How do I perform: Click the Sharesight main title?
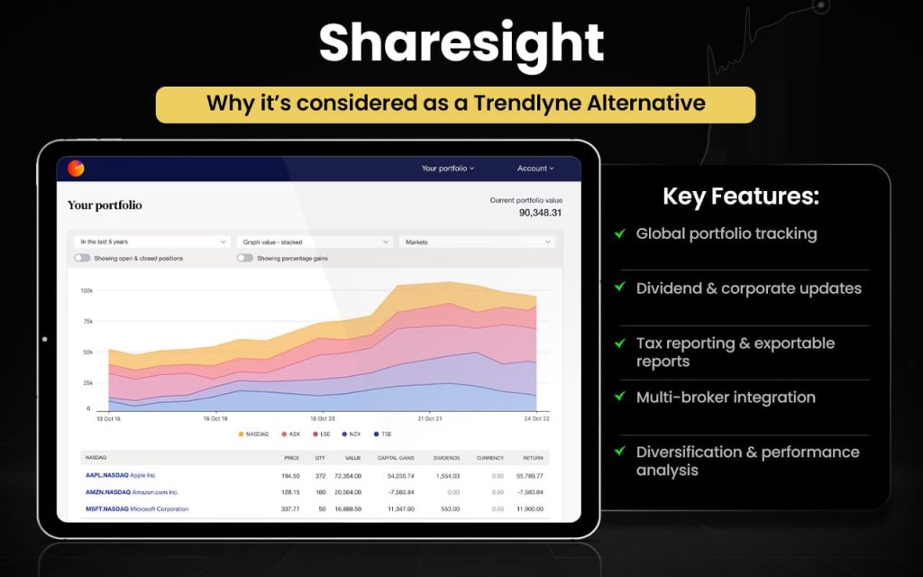tap(461, 42)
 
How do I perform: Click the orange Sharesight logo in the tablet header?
tap(77, 169)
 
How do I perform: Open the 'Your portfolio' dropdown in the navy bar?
tap(447, 169)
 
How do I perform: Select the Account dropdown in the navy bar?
tap(535, 169)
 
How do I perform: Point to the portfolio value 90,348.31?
tap(540, 213)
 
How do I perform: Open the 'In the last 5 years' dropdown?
tap(152, 242)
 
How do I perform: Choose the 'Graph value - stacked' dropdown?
tap(314, 242)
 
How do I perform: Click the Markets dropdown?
tap(477, 242)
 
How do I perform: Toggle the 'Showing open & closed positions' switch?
tap(82, 258)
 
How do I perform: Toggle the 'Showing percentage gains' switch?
tap(244, 258)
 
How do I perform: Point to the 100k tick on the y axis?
tap(87, 290)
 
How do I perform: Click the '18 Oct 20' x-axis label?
tap(323, 418)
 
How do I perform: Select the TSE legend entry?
tap(383, 434)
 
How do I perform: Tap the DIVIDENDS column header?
tap(445, 458)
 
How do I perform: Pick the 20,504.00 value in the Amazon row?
tap(346, 492)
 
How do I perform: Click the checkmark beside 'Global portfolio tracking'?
tap(620, 234)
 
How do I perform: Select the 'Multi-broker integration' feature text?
tap(726, 398)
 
